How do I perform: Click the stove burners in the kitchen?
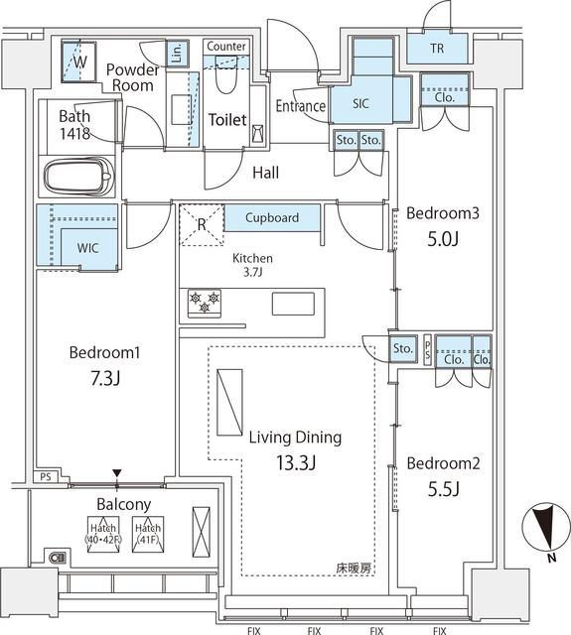click(x=204, y=302)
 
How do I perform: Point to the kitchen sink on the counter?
click(x=292, y=303)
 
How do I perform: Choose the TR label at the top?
click(x=437, y=49)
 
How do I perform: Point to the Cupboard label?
click(x=271, y=217)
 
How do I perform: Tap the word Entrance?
click(x=301, y=106)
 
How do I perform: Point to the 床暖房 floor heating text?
click(x=353, y=569)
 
